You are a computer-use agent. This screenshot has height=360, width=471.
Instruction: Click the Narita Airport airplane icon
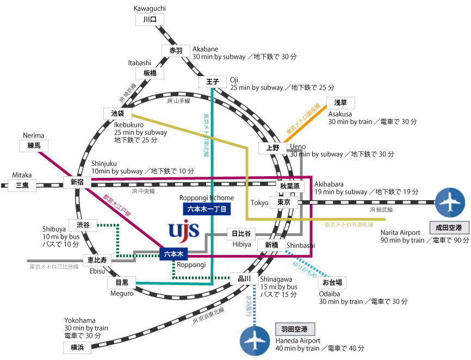coord(450,202)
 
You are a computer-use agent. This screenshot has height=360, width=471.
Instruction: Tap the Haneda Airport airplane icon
coord(255,341)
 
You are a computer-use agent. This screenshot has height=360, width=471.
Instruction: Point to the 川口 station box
coord(150,20)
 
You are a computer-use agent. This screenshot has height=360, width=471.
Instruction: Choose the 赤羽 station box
coord(176,51)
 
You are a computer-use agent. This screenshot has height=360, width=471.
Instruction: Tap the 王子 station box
coord(213,82)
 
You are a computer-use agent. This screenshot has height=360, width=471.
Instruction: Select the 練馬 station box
coord(34,145)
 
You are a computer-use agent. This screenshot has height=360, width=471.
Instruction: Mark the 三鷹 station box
coord(22,185)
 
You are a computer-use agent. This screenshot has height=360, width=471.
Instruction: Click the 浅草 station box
coord(340,103)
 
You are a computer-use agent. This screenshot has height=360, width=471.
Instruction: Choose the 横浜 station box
coord(77,347)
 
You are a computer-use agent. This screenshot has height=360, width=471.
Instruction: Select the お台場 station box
coord(332,282)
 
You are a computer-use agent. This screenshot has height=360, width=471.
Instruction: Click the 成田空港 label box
coord(448,227)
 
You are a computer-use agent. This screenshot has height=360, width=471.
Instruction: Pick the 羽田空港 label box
coord(294,330)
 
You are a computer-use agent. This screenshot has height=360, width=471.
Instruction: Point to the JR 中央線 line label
coord(143,191)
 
